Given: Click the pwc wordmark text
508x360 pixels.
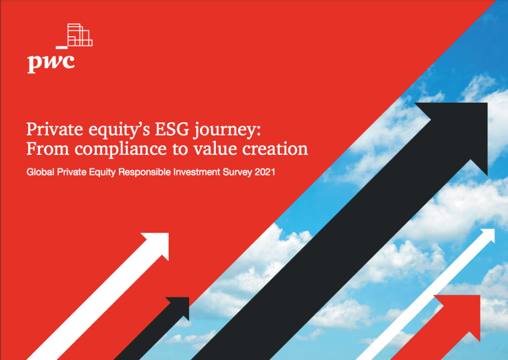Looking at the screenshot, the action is point(51,62).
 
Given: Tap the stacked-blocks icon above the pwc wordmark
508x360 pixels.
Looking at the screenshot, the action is point(80,35).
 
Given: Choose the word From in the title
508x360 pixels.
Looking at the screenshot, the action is point(48,149).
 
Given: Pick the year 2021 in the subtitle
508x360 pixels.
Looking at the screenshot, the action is point(265,172).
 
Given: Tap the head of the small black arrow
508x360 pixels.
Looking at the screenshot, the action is point(180,306).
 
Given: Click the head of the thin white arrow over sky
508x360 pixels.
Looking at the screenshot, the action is point(489,235).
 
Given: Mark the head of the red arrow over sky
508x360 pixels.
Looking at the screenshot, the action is point(462,312).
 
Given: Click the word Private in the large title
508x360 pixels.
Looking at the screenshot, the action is point(55,129).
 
